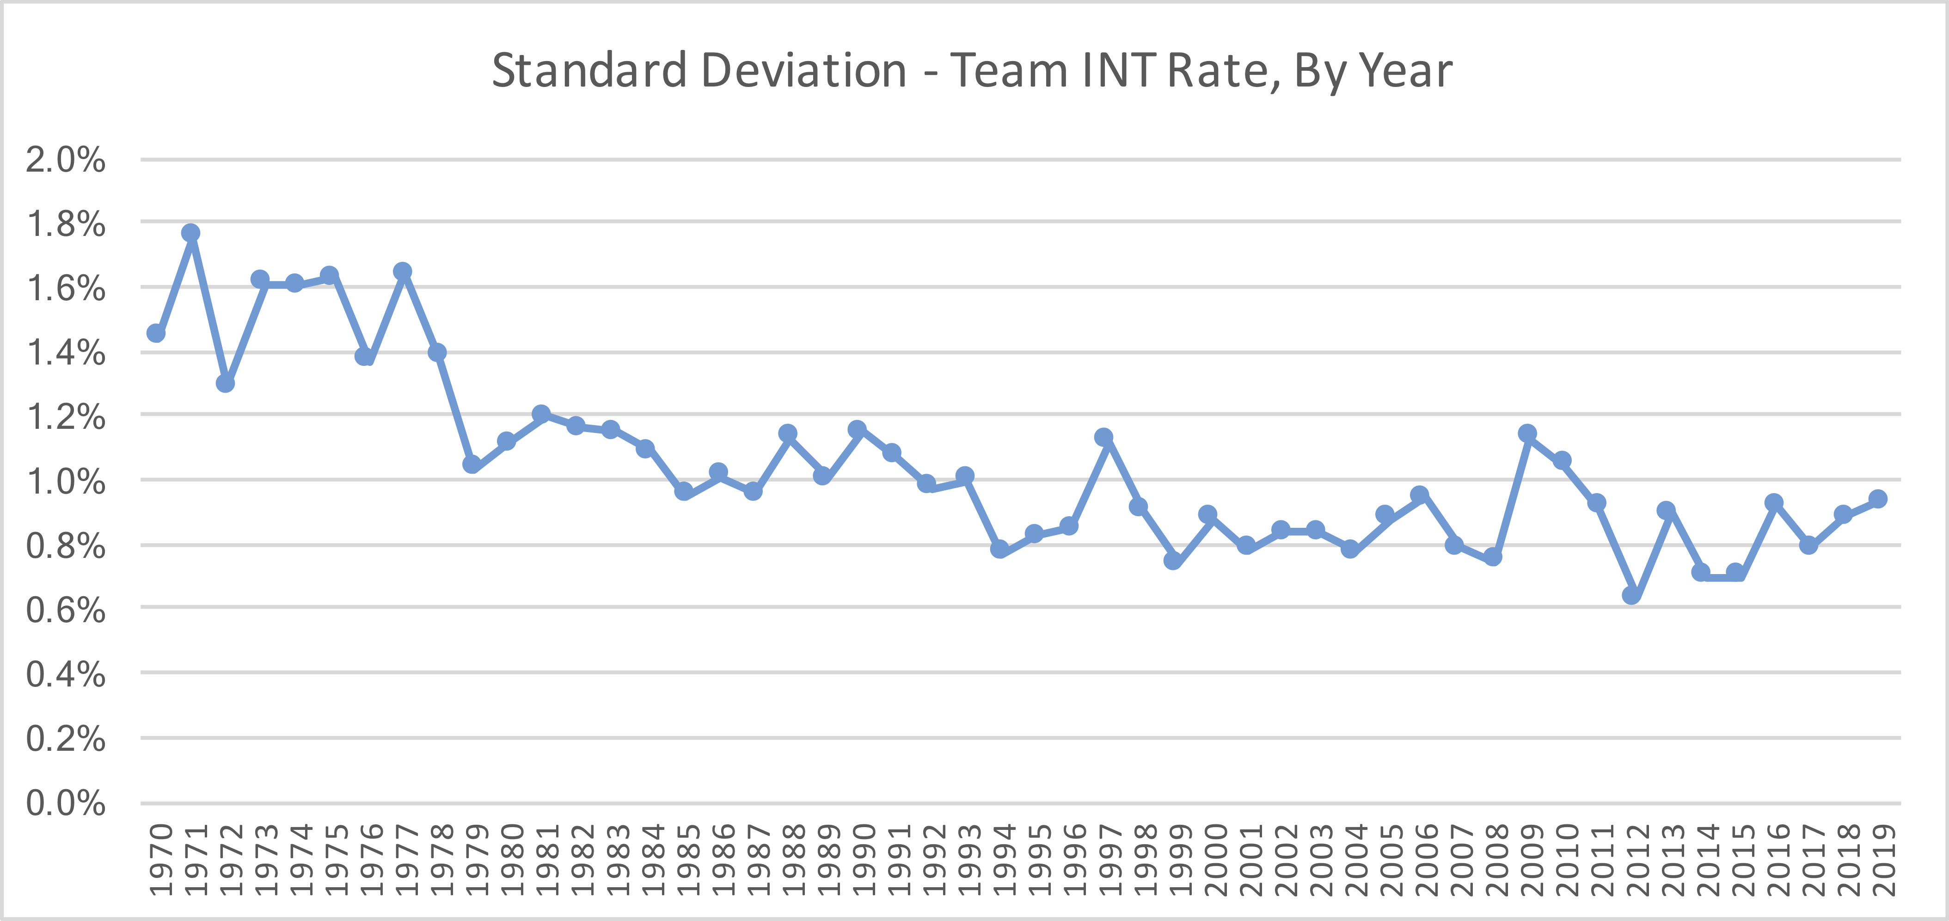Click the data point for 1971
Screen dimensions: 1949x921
pos(190,232)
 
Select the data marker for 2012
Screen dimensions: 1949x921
pos(1632,595)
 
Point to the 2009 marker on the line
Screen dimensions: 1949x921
pos(1527,433)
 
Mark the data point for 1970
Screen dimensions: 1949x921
pos(156,333)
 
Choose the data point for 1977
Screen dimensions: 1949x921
pos(403,271)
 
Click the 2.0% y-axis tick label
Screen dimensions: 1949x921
pos(66,160)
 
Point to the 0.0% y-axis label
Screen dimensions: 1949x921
pos(66,803)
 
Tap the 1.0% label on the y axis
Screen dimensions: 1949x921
pos(66,481)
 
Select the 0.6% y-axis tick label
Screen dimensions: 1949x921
pos(66,610)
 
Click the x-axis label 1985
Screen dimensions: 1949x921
pos(685,859)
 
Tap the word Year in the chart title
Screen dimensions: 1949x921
pos(1405,70)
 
